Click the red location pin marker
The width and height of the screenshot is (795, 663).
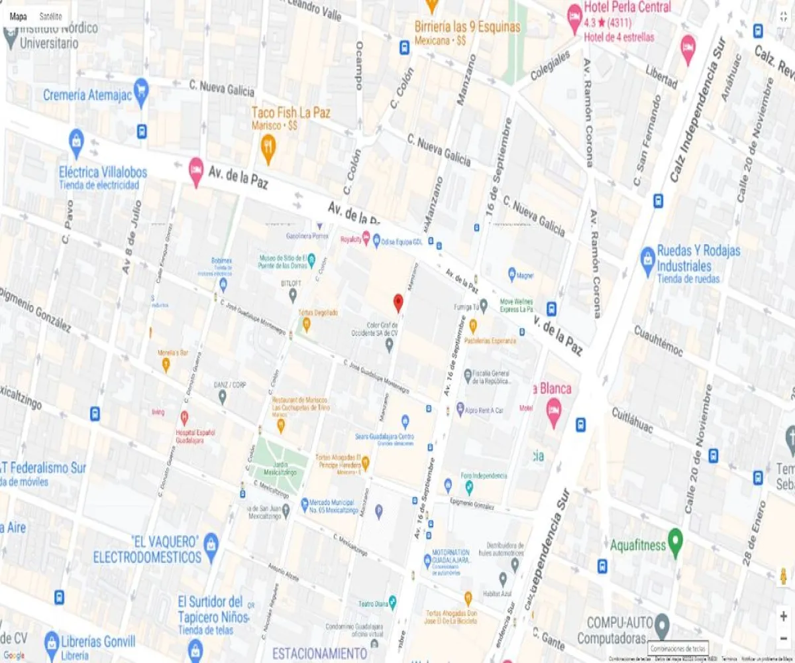(x=398, y=302)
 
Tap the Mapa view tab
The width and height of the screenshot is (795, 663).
(x=18, y=16)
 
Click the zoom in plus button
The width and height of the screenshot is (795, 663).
(x=783, y=616)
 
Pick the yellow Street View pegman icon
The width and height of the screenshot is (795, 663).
(x=783, y=575)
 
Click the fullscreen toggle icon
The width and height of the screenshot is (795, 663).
(x=783, y=16)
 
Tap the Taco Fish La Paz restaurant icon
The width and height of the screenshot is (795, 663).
(x=268, y=149)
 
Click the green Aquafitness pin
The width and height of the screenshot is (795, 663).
(x=675, y=542)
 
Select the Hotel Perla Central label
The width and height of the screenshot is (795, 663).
(x=627, y=8)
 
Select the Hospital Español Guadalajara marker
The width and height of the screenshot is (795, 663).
(x=184, y=417)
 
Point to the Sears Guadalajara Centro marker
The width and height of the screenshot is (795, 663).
(x=405, y=421)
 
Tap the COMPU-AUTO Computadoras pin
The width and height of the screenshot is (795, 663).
(x=662, y=625)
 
